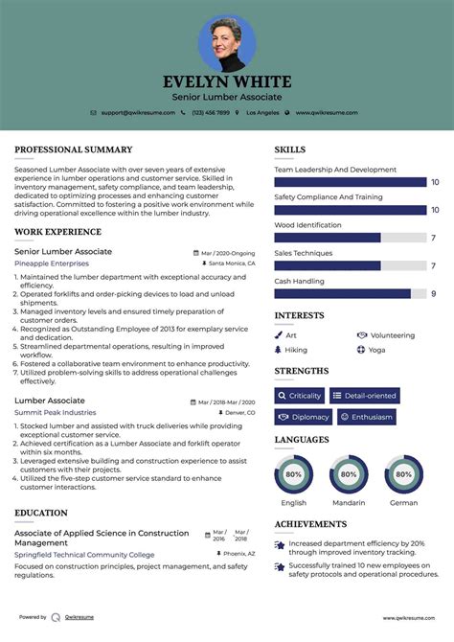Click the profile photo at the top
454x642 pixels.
[227, 43]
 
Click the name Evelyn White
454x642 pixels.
[227, 81]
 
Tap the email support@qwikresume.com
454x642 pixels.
[137, 112]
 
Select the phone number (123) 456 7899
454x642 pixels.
[211, 112]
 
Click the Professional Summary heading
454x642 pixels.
[74, 149]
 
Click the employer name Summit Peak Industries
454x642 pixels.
[56, 412]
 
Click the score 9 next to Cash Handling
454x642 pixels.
[434, 294]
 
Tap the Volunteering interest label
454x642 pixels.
[392, 335]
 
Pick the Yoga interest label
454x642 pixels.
[376, 350]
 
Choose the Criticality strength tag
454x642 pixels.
[299, 396]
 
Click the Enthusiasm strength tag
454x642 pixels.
[366, 417]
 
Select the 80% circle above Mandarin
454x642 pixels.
[349, 473]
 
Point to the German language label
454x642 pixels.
[403, 502]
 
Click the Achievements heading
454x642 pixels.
[310, 524]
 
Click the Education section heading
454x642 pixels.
[41, 513]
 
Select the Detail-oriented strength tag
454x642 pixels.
[365, 396]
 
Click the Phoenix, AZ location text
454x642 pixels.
[238, 554]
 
